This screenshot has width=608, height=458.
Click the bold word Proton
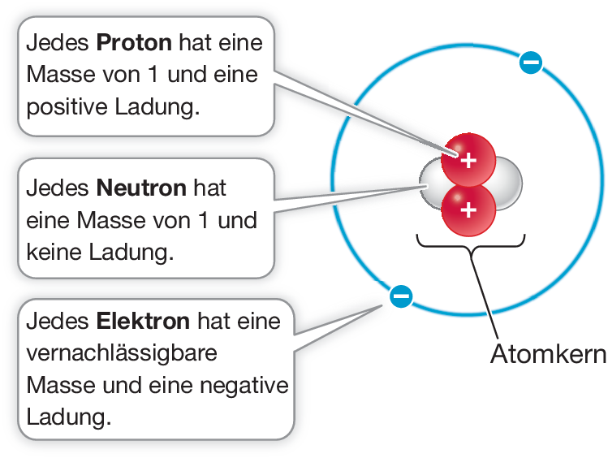pyautogui.click(x=134, y=42)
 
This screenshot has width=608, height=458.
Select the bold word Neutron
pyautogui.click(x=142, y=188)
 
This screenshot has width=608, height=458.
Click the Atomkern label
pyautogui.click(x=548, y=355)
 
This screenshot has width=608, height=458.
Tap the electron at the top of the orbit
pyautogui.click(x=531, y=62)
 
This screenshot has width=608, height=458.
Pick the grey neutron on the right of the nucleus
pyautogui.click(x=507, y=183)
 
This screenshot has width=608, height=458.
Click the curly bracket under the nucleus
pyautogui.click(x=471, y=244)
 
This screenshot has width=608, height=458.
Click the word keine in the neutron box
pyautogui.click(x=56, y=252)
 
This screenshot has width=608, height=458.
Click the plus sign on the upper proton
pyautogui.click(x=468, y=160)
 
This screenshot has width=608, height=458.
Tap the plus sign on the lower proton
pyautogui.click(x=468, y=210)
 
